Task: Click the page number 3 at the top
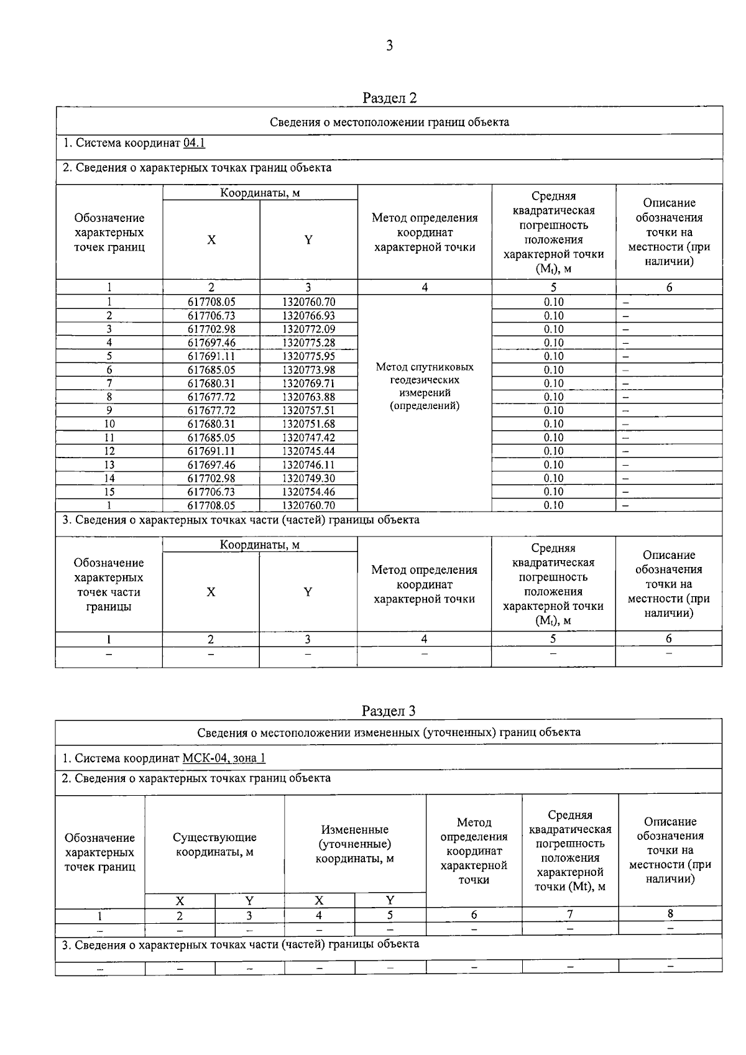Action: pos(389,45)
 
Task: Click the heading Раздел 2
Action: pos(389,98)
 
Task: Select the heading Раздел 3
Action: pos(389,711)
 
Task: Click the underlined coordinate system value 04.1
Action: pos(195,143)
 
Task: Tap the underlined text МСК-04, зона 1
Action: pos(224,758)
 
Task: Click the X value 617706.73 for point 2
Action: pos(211,316)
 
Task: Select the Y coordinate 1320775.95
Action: pos(308,356)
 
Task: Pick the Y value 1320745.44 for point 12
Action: pos(308,451)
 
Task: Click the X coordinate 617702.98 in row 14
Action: pos(211,479)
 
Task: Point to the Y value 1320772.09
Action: pos(308,329)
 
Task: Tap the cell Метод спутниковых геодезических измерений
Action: pos(425,386)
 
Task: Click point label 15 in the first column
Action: pos(109,492)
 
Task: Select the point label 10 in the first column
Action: pos(109,424)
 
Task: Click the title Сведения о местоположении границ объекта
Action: pos(389,122)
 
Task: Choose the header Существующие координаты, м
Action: pos(214,845)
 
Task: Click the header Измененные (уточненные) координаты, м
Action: pos(355,844)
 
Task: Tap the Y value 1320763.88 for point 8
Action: pos(308,397)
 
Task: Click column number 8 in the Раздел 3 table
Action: pos(670,914)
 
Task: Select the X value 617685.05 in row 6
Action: pos(211,370)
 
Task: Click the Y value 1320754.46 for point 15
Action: pos(308,492)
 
